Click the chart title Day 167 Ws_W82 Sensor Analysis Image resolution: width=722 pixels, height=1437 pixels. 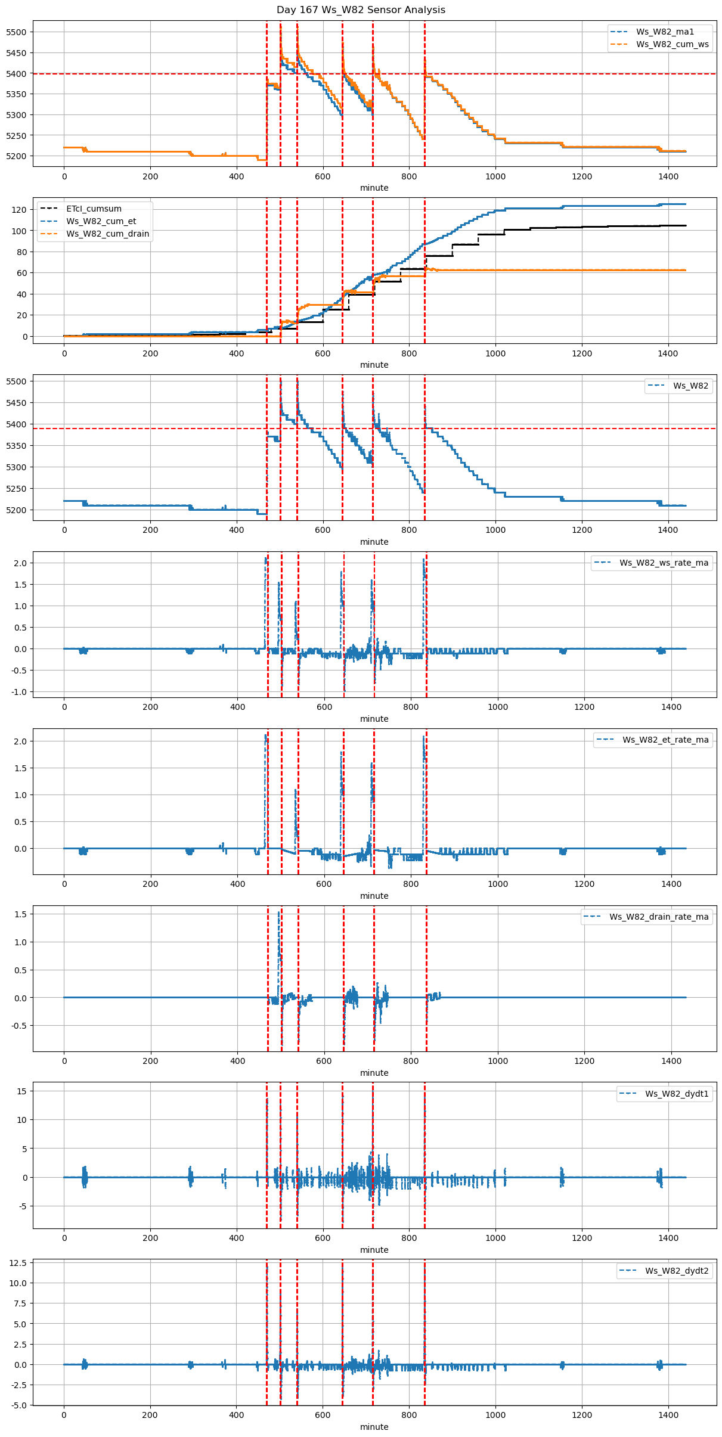click(x=361, y=10)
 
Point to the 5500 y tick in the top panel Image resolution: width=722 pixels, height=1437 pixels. click(x=16, y=32)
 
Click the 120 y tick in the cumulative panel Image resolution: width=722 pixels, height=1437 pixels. click(x=20, y=210)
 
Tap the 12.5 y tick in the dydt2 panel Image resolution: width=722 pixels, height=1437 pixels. click(x=18, y=1263)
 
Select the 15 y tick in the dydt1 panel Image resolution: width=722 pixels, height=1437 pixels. click(x=22, y=1091)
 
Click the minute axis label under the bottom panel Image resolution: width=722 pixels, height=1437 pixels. click(x=374, y=1427)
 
